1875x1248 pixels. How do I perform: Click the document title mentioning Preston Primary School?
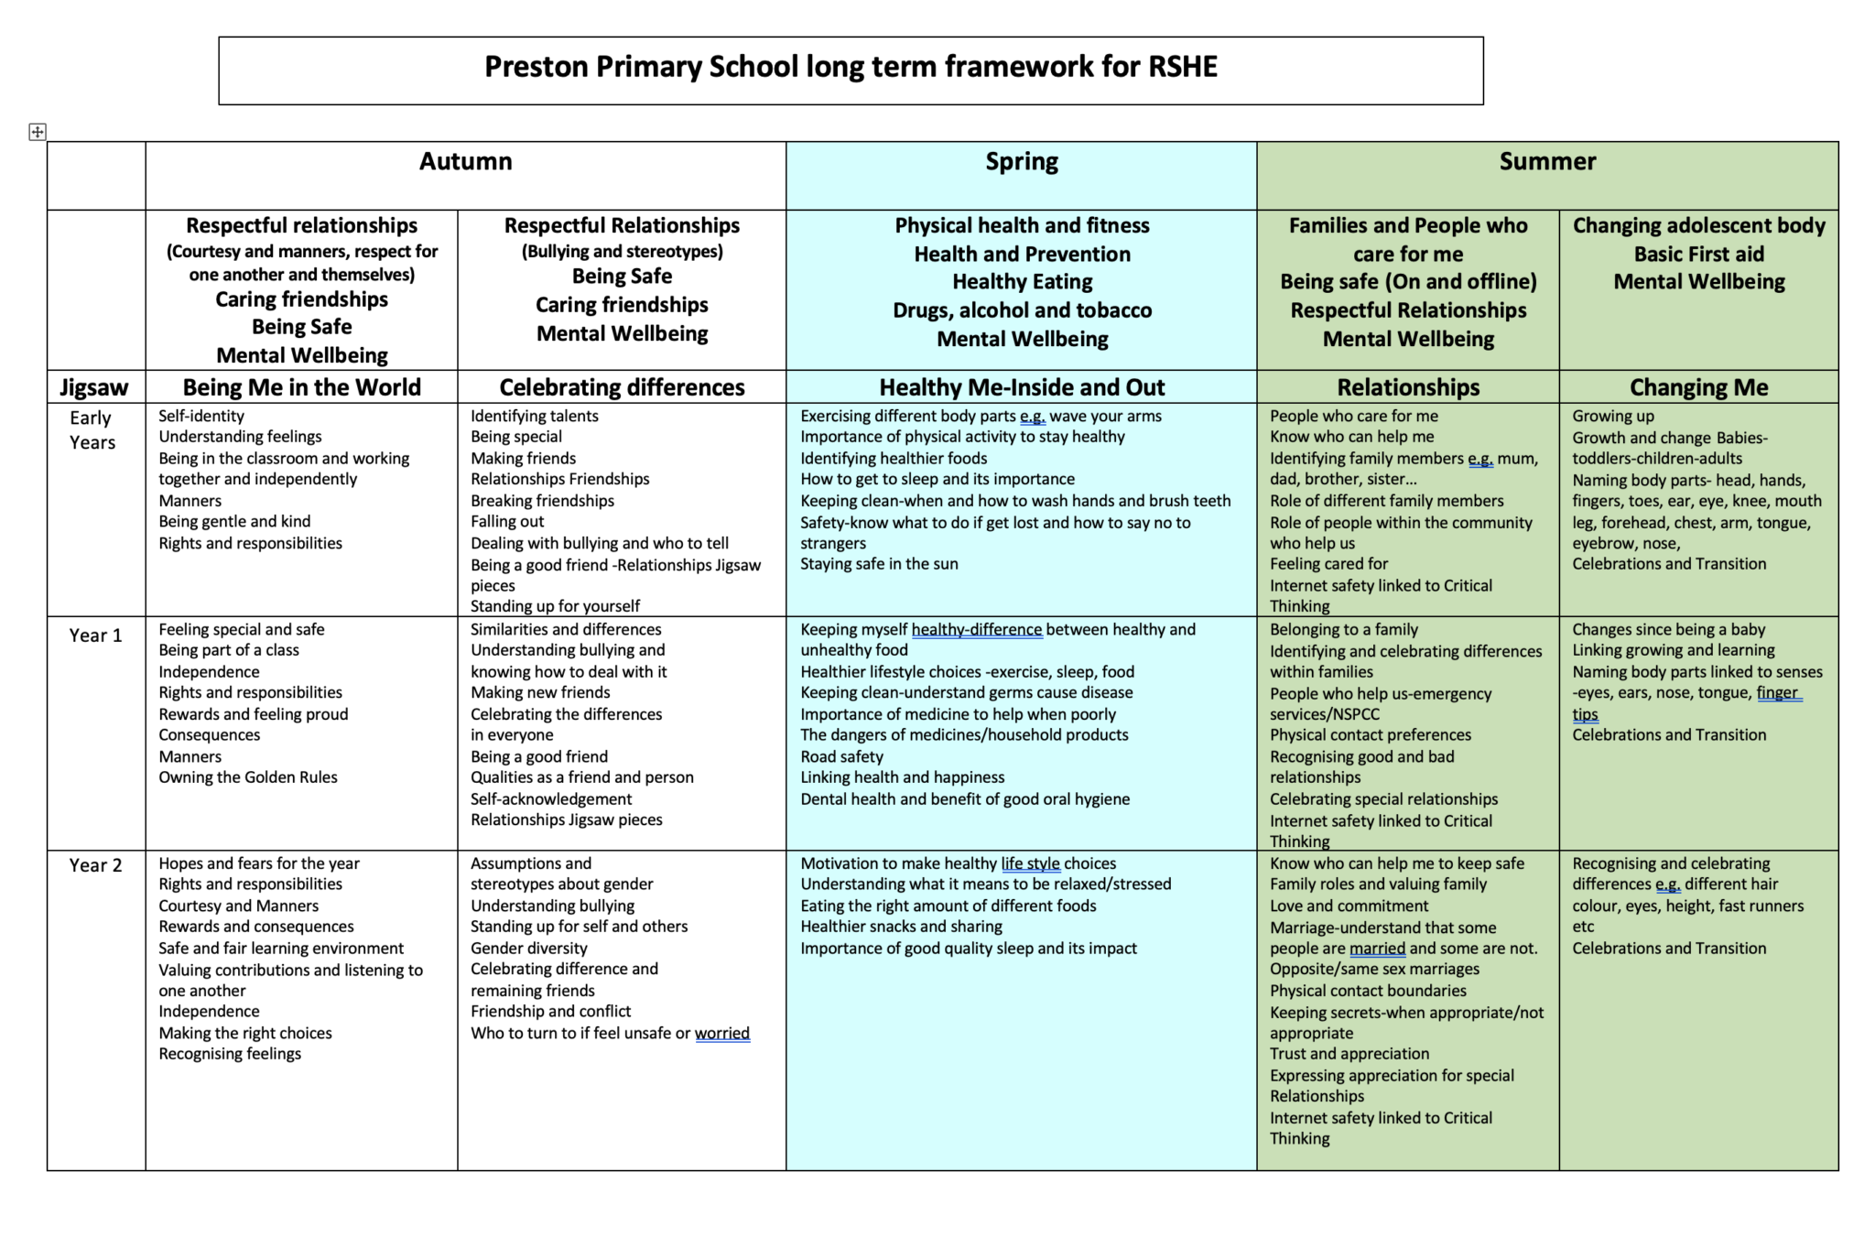pos(851,67)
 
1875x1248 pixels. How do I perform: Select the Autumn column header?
pos(465,162)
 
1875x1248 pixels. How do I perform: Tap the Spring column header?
pos(1021,162)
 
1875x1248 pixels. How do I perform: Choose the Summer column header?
pos(1546,162)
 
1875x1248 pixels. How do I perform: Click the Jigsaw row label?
pos(94,387)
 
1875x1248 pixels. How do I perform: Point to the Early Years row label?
pos(92,430)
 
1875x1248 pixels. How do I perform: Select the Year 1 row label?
pos(95,635)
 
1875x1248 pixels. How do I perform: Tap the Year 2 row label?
pos(95,865)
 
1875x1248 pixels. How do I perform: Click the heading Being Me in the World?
pos(301,387)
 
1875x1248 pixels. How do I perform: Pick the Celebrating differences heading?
pos(622,387)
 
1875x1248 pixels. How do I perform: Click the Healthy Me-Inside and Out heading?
pos(1021,387)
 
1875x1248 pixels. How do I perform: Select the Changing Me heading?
pos(1698,387)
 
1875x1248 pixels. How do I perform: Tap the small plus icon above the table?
pos(37,132)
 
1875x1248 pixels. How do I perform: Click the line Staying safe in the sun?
pos(879,564)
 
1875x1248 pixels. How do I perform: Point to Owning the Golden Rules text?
pos(248,777)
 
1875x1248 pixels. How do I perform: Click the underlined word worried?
pos(721,1033)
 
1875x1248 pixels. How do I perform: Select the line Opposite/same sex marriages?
pos(1374,969)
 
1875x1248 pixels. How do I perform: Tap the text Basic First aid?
pos(1698,254)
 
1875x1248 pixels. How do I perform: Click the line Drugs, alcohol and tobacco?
pos(1022,310)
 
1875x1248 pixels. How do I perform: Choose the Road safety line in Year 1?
pos(841,756)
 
